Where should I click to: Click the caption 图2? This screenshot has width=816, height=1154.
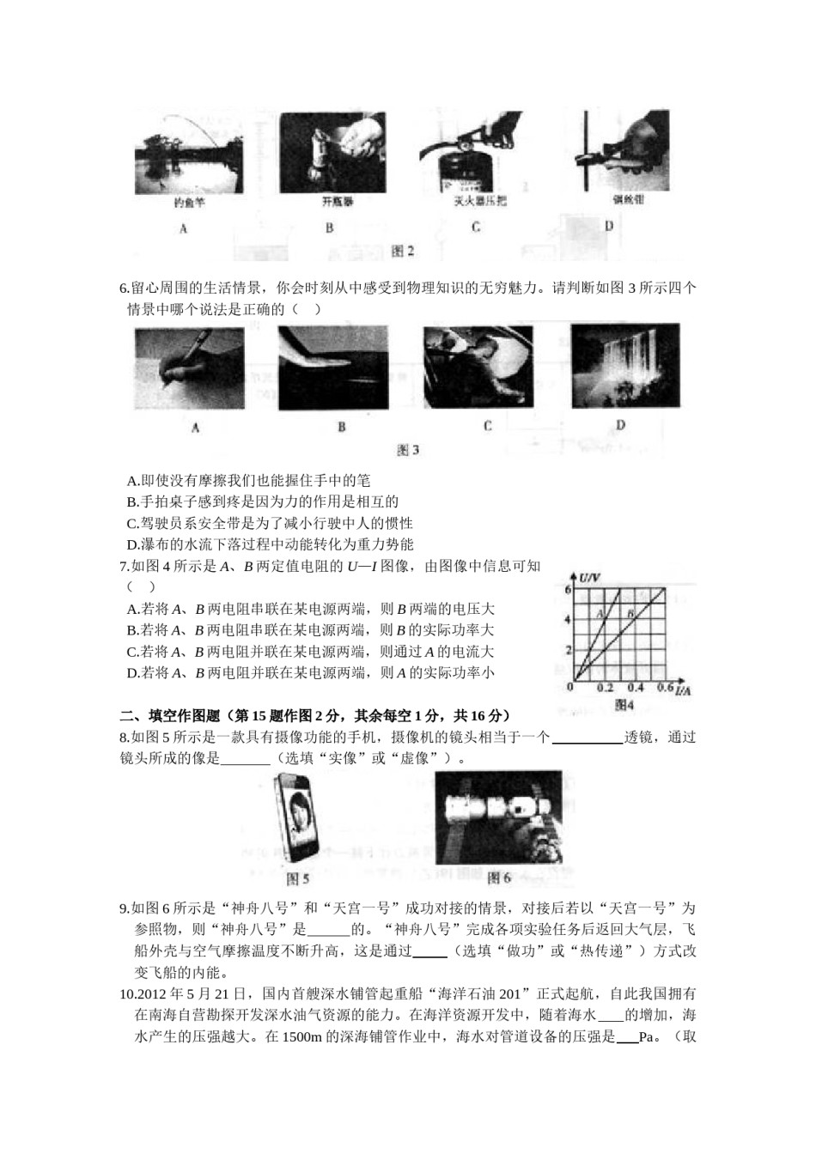402,251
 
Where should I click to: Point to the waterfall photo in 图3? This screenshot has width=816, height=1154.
624,365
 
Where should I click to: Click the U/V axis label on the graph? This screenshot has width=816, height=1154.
589,576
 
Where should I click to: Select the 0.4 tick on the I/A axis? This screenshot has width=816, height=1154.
635,689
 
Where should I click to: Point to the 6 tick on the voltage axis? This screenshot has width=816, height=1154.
568,591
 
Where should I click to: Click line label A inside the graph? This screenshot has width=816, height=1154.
602,613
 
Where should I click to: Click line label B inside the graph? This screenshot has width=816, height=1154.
630,613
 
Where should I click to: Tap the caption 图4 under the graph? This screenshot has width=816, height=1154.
624,705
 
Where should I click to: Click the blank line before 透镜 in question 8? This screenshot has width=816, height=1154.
588,737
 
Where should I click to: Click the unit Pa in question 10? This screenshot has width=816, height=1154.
649,1036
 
